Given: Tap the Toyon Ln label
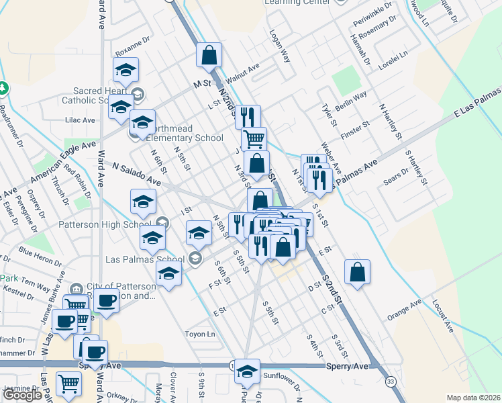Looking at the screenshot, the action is click(201, 333).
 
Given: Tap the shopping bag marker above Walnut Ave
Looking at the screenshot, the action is click(209, 55).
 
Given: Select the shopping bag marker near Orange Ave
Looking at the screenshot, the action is click(358, 272).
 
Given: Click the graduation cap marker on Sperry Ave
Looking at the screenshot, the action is click(247, 371).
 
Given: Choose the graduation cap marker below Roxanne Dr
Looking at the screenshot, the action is click(125, 70).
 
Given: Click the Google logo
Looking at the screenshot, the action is click(23, 395).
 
